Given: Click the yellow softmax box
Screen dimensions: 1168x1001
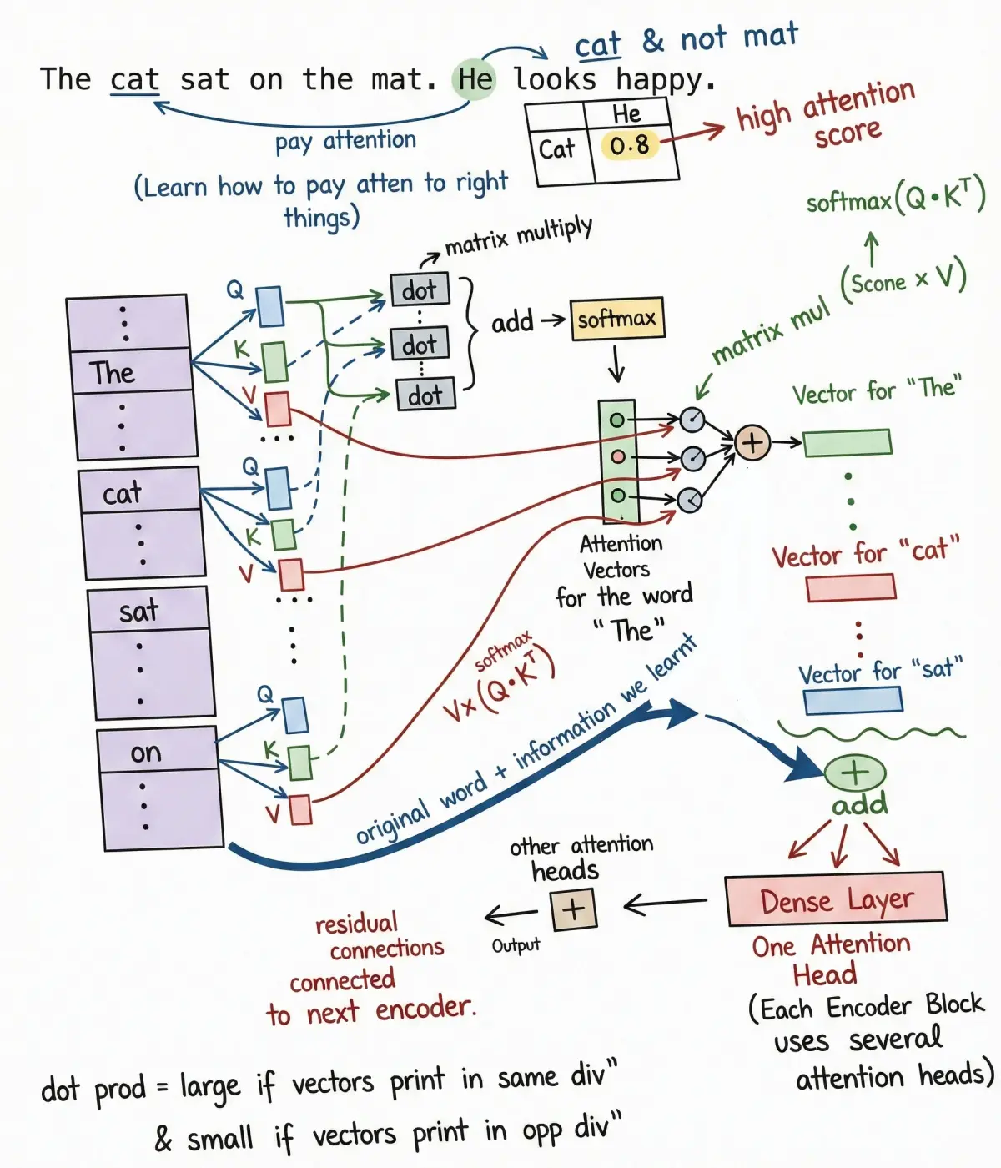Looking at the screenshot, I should [617, 319].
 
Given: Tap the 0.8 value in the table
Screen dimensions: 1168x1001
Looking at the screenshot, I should [630, 146].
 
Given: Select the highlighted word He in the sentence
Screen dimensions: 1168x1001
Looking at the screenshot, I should [475, 80].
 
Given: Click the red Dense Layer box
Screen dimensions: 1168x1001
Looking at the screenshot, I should [837, 899].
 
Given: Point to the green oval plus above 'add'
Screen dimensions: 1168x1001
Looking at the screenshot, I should [854, 773].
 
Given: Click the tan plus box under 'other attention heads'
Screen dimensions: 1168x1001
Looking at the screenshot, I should [574, 909].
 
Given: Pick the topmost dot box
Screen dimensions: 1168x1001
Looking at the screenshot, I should [420, 290].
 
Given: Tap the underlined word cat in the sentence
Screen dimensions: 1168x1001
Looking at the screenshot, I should [134, 80].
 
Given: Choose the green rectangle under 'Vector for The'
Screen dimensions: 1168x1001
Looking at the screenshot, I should [848, 442].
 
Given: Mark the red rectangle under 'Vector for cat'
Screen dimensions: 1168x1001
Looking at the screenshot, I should [851, 588].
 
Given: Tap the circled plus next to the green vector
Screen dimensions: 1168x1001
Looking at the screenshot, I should [752, 442].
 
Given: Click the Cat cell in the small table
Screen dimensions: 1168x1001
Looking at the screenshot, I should [557, 150].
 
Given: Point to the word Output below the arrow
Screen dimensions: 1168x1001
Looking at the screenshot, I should [516, 945].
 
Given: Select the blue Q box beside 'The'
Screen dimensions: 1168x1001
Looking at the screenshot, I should [269, 306].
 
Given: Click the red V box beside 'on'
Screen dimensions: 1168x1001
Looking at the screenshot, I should [300, 809].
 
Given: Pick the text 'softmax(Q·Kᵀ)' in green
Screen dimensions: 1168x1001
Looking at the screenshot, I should [896, 199].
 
